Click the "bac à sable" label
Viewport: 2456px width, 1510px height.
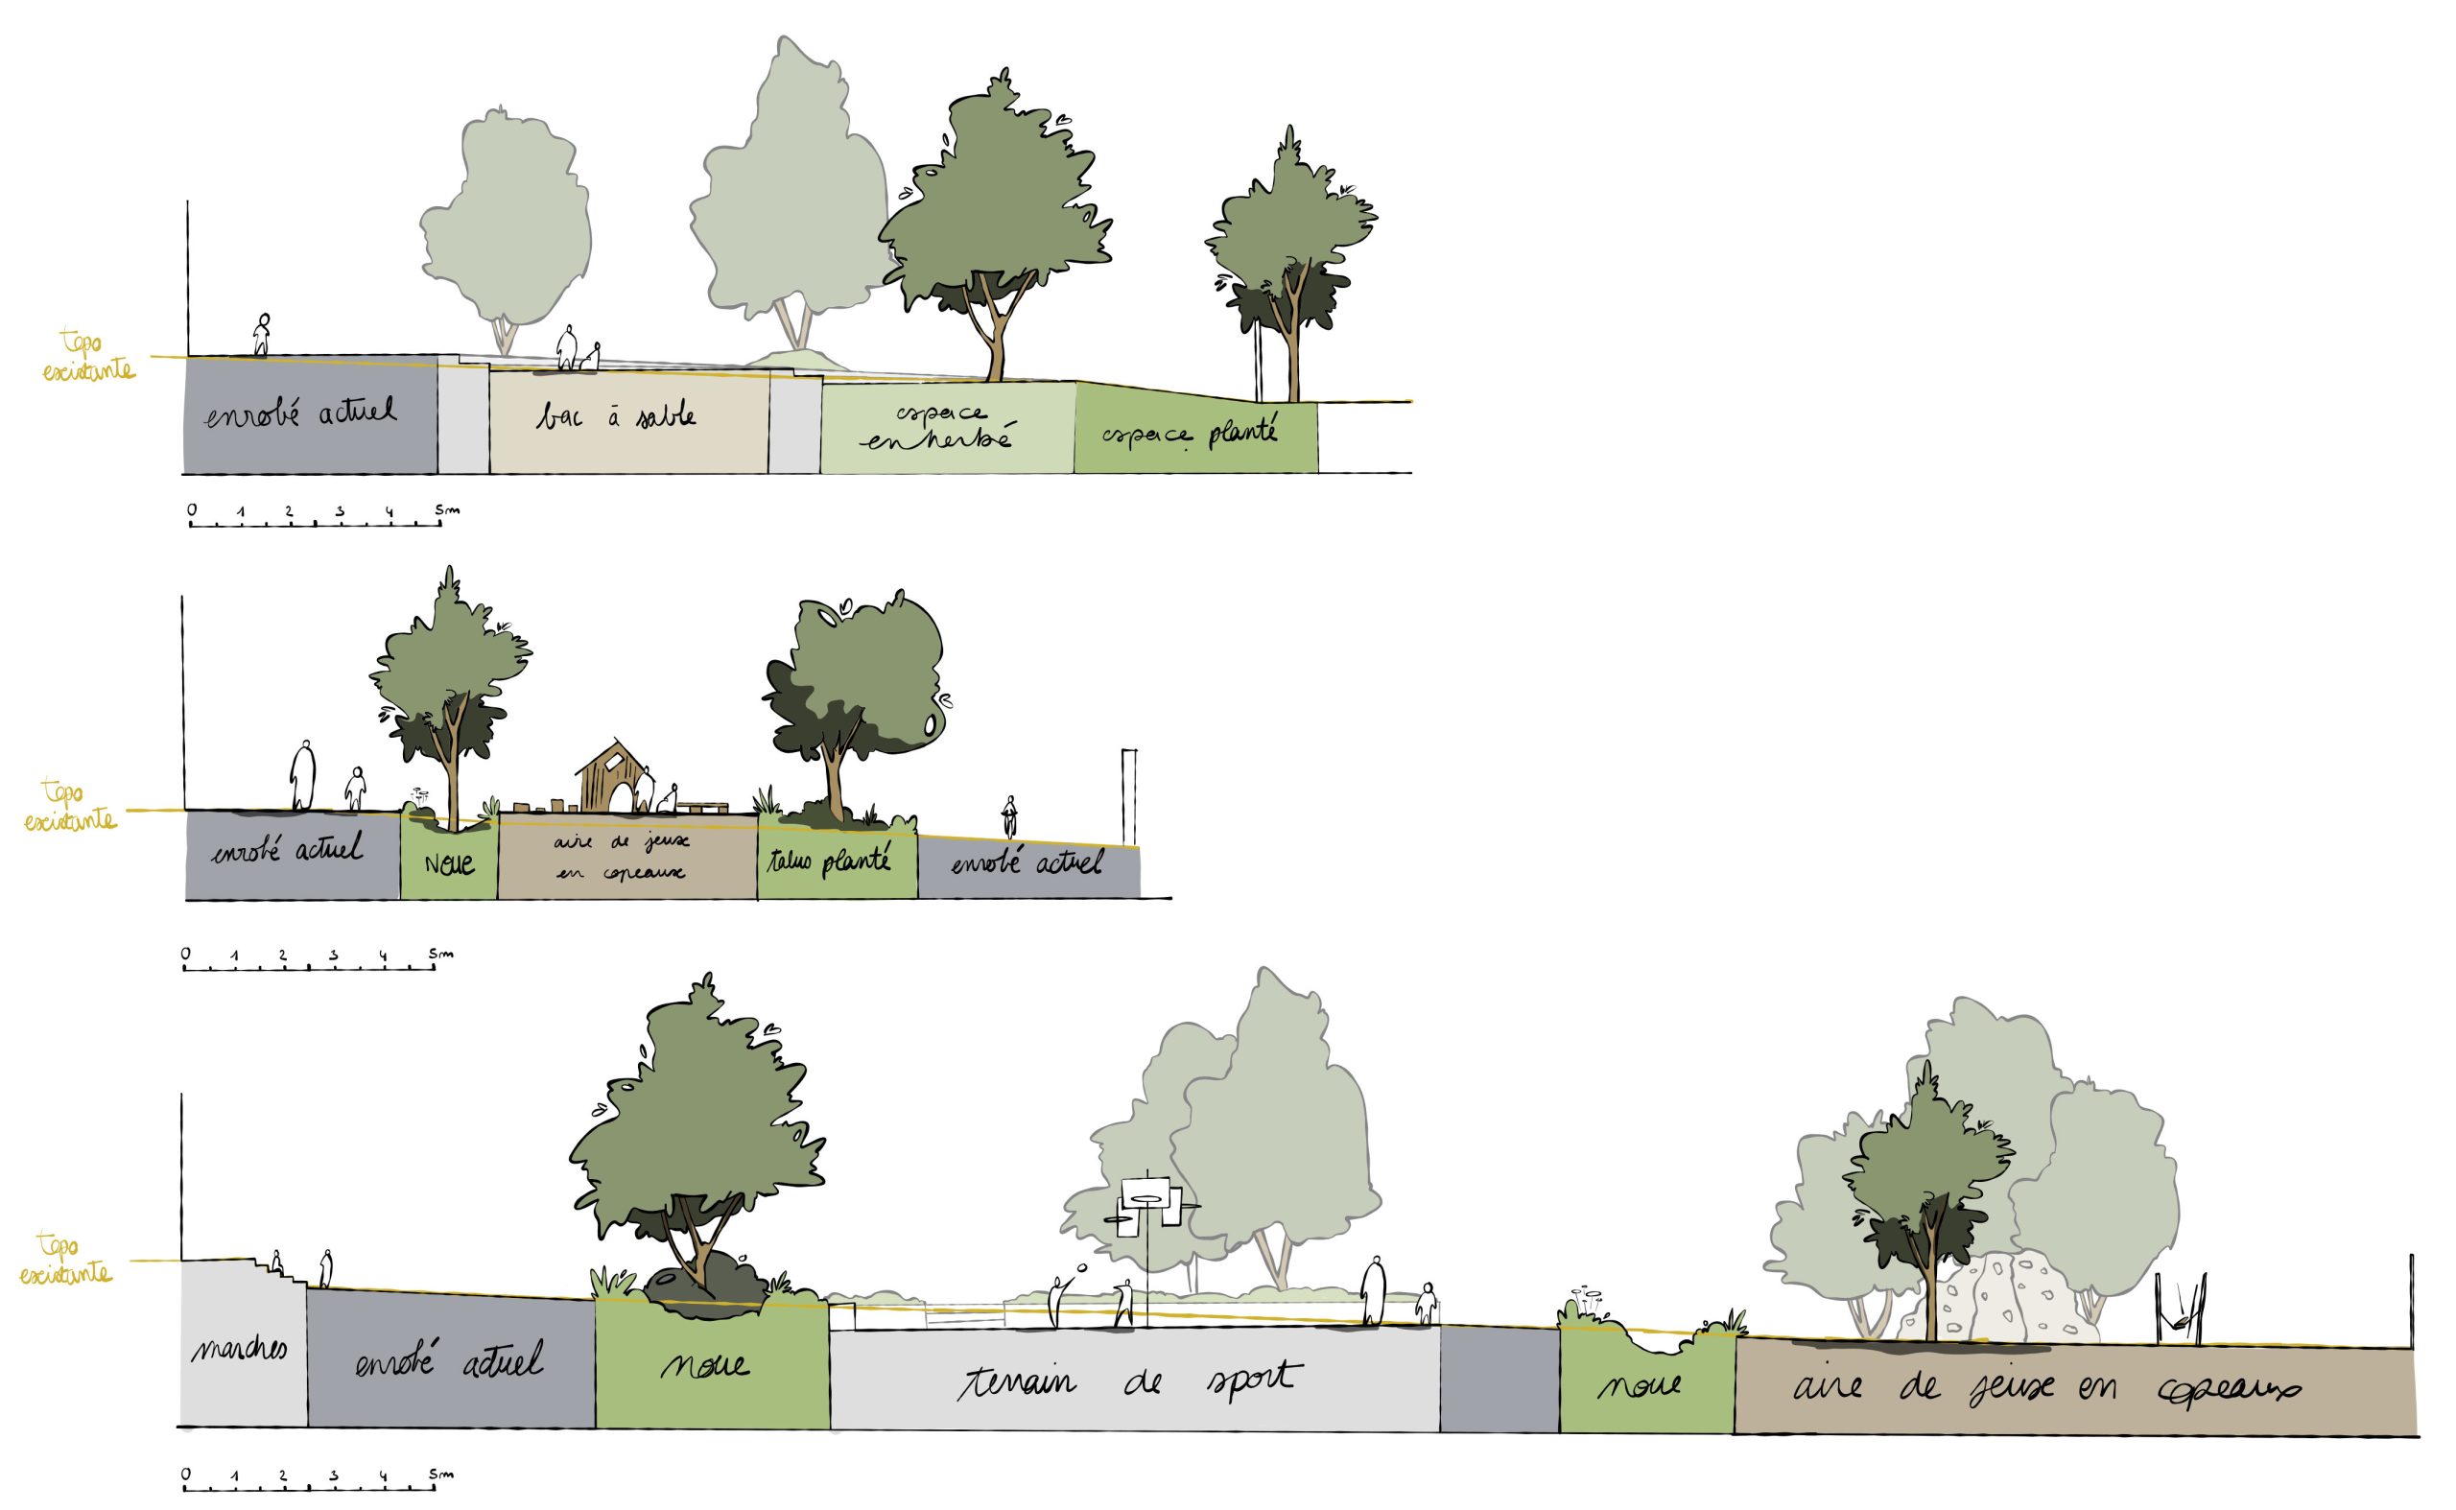[615, 414]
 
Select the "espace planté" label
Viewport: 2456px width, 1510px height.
[1190, 434]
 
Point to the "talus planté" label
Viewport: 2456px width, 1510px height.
[828, 861]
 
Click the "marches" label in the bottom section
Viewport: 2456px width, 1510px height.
[240, 1350]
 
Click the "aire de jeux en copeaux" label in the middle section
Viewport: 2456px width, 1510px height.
[622, 857]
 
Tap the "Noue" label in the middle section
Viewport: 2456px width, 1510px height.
[448, 862]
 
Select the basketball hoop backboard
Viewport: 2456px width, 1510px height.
[1145, 1194]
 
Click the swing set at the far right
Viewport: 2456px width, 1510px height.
[2180, 1310]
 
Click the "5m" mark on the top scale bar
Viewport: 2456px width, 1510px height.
[446, 510]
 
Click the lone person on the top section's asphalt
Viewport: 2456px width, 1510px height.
[262, 335]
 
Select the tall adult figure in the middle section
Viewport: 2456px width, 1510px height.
[302, 775]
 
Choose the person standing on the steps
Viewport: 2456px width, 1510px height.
[277, 1262]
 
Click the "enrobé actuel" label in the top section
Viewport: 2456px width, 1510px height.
[299, 413]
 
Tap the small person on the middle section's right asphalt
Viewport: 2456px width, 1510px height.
[1010, 816]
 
